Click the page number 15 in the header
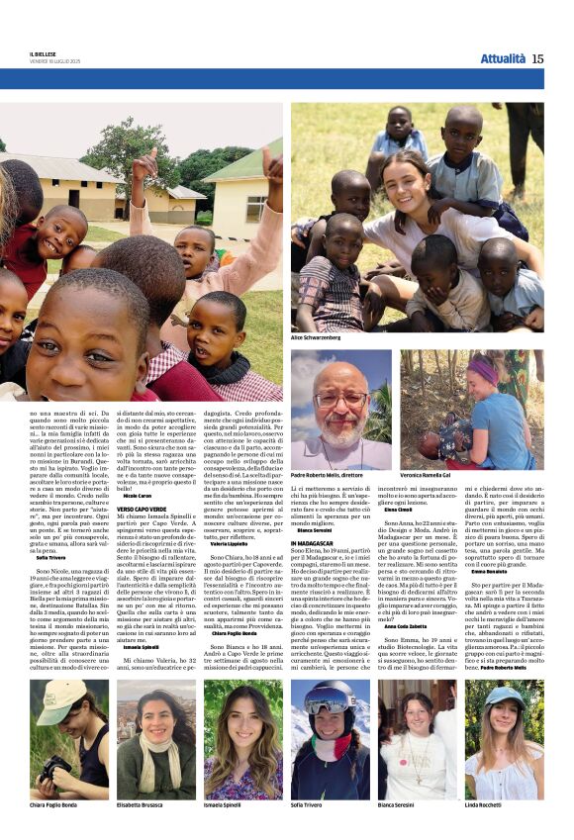[537, 58]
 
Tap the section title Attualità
[503, 58]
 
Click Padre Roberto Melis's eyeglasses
[341, 400]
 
